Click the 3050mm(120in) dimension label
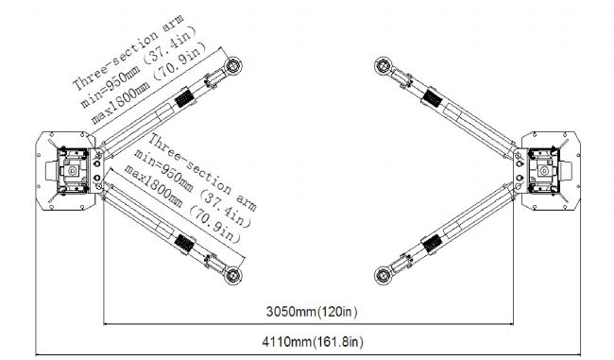[312, 312]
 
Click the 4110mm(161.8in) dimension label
[313, 342]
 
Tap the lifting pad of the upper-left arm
[232, 65]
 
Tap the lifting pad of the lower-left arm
[232, 275]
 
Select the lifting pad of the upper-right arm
[384, 65]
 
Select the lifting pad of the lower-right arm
[384, 275]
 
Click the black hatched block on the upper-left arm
[183, 98]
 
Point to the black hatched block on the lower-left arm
[184, 244]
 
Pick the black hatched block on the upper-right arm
[433, 98]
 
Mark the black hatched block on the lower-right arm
[433, 244]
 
